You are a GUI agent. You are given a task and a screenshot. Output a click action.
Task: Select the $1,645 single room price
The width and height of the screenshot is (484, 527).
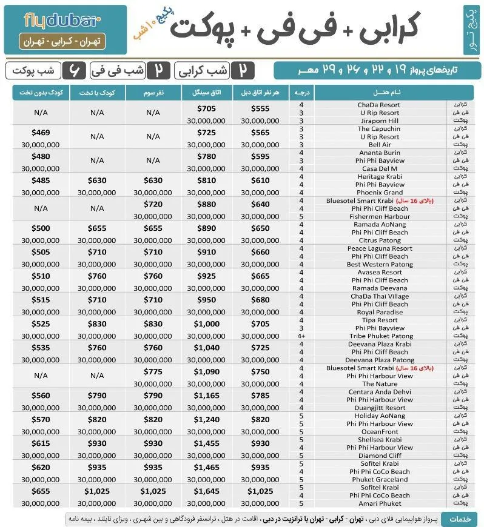[x=207, y=491]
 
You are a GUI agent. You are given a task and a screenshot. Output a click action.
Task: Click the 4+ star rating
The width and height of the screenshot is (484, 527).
[x=301, y=336]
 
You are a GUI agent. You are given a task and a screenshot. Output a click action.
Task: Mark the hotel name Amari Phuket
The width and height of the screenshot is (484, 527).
[x=380, y=503]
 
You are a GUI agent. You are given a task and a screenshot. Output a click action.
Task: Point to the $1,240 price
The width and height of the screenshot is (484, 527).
[x=207, y=420]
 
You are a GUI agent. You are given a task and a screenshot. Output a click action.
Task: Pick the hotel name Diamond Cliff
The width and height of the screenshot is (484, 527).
[x=379, y=456]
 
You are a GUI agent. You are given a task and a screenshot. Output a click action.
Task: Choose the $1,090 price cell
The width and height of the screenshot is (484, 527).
[x=207, y=372]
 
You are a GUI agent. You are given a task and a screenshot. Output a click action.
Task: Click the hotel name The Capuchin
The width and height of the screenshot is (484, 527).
[x=379, y=129]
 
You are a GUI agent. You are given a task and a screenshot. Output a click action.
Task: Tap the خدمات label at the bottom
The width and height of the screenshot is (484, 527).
[x=459, y=519]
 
